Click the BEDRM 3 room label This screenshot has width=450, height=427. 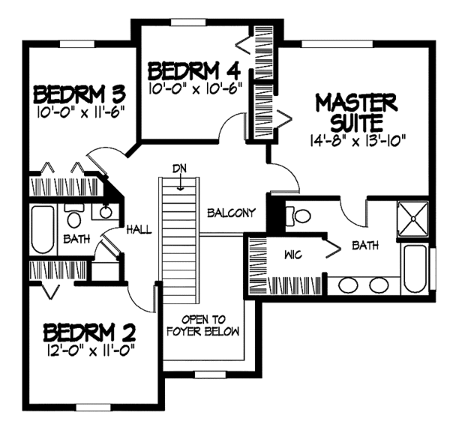(x=79, y=94)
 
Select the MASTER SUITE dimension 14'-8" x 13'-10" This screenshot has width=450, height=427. (x=357, y=140)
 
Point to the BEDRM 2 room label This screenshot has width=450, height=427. (x=89, y=332)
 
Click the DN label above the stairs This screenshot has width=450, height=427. (x=179, y=169)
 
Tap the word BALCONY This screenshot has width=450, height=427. (x=231, y=213)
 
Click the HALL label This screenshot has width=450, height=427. (x=139, y=229)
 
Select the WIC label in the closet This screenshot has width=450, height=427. (x=293, y=255)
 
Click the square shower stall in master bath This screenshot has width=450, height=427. (x=413, y=219)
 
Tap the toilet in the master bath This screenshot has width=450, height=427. (x=298, y=216)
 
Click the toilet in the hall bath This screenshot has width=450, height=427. (x=73, y=216)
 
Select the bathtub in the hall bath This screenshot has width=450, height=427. (x=43, y=229)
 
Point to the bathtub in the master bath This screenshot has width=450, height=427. (x=415, y=269)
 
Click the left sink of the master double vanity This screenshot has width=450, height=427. (x=348, y=285)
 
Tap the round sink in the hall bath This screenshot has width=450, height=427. (x=105, y=212)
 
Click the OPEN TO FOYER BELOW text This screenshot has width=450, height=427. (x=203, y=326)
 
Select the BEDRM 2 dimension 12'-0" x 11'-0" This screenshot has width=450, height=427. (x=90, y=350)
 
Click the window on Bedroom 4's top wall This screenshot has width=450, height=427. (x=188, y=22)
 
